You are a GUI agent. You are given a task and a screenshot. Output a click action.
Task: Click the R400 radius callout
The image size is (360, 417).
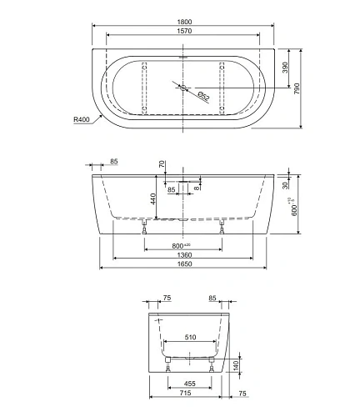tap(81, 120)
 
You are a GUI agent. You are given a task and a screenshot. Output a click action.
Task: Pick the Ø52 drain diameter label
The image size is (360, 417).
tap(203, 95)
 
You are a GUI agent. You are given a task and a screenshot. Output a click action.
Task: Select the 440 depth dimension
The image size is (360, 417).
tap(152, 198)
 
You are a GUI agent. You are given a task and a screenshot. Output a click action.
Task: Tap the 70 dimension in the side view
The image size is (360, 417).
tap(163, 165)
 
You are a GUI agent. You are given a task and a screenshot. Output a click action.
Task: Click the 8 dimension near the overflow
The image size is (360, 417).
tap(196, 189)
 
